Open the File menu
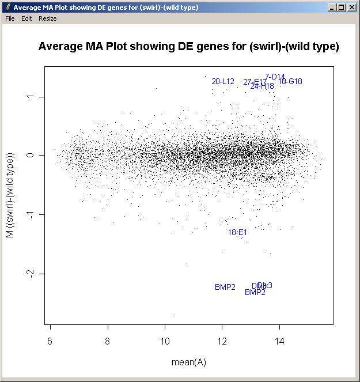[x=10, y=18]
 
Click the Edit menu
[x=26, y=18]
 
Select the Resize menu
[x=48, y=18]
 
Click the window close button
[x=352, y=7]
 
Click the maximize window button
[x=342, y=7]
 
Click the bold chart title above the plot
[x=188, y=47]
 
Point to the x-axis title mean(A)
[x=188, y=362]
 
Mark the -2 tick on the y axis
[x=32, y=274]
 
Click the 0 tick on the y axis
[x=32, y=156]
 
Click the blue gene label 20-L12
[x=223, y=82]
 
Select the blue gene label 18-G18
[x=290, y=82]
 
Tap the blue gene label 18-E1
[x=237, y=233]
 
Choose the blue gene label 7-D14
[x=275, y=77]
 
